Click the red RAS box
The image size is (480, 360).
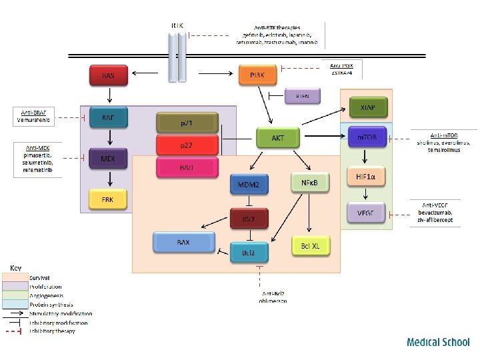108,75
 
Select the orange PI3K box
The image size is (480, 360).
257,75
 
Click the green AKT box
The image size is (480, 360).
277,138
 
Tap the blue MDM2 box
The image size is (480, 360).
249,184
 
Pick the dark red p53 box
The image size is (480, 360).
249,218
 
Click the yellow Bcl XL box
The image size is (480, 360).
311,246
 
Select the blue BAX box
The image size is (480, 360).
183,242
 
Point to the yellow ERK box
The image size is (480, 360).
108,198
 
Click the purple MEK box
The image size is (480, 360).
108,159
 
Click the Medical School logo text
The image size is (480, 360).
438,342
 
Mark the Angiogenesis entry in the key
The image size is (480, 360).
47,295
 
